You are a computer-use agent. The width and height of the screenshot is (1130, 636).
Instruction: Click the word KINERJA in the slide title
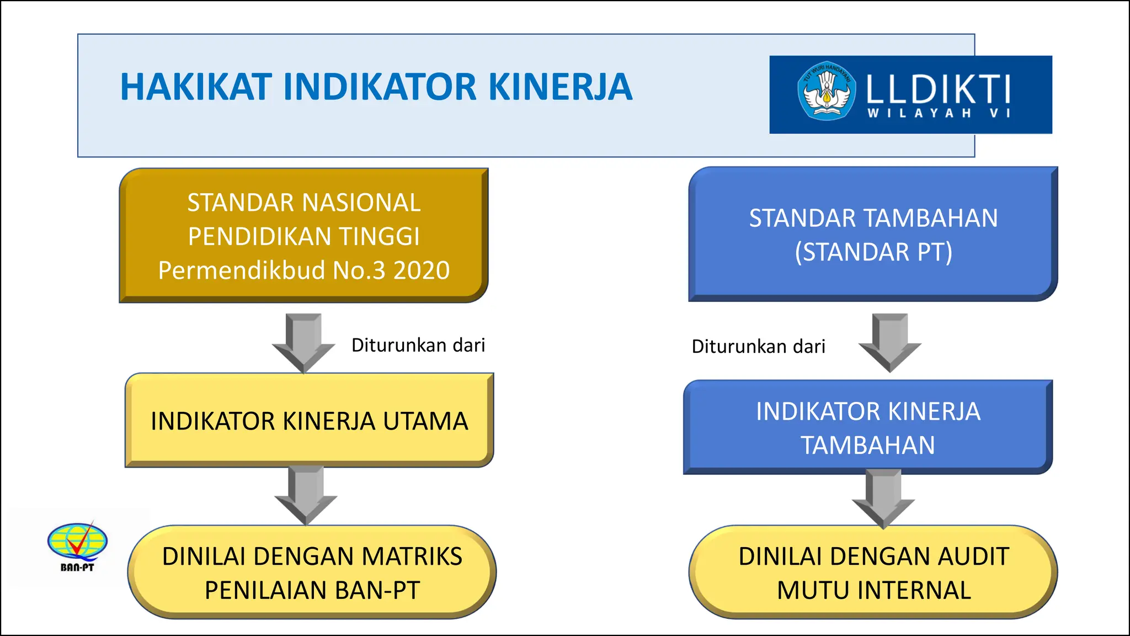[x=560, y=87]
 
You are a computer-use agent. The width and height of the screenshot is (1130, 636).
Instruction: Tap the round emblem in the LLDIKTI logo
[x=826, y=91]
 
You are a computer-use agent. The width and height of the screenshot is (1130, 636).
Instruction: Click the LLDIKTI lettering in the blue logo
[x=938, y=89]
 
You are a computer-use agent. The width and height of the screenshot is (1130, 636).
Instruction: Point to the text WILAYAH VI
[x=938, y=113]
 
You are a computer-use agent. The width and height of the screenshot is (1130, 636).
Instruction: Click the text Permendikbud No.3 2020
[x=303, y=271]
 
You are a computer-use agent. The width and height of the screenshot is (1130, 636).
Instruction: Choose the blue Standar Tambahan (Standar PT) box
[x=873, y=235]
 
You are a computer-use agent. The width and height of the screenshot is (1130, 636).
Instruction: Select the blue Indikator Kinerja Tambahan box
[x=867, y=428]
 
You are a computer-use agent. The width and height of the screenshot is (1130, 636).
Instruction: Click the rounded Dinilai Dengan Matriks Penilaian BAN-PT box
[x=312, y=573]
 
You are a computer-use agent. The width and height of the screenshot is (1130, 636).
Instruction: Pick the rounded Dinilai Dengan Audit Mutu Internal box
[x=873, y=573]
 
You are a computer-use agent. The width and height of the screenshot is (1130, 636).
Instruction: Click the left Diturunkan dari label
[x=418, y=345]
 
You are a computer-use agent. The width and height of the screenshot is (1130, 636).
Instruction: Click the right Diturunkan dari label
[x=758, y=347]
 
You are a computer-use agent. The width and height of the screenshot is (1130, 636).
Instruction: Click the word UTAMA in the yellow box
[x=425, y=421]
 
